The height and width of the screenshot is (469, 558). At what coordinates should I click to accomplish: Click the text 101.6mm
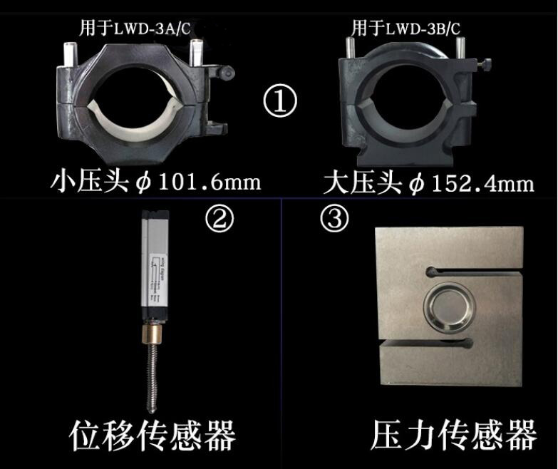pyautogui.click(x=207, y=182)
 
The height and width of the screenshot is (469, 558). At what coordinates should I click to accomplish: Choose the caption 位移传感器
pyautogui.click(x=153, y=433)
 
